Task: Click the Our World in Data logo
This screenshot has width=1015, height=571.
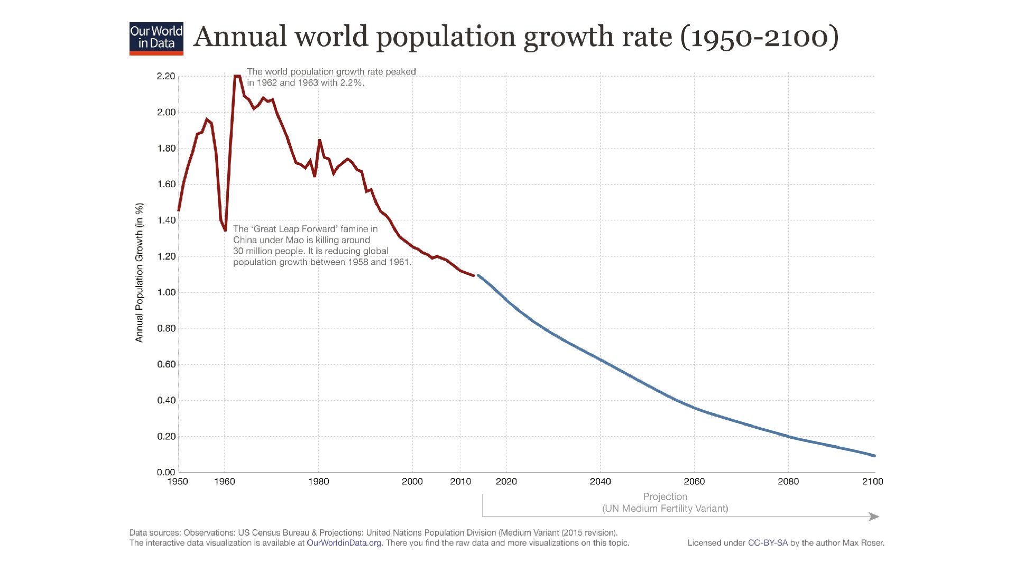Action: point(156,39)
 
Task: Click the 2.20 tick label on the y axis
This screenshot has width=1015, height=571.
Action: point(165,76)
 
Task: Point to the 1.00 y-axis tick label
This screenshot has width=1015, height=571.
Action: point(165,292)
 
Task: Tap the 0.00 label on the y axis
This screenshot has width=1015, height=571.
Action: point(165,472)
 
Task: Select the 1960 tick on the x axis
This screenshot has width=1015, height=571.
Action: point(224,482)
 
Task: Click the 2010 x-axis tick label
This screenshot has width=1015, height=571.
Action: point(460,482)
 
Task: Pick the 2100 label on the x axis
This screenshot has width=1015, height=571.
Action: point(872,482)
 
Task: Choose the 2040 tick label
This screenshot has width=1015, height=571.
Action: point(600,482)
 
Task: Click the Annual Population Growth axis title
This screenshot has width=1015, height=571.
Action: point(140,273)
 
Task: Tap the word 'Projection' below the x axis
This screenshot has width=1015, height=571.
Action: point(665,497)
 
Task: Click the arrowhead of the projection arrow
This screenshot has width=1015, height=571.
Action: point(874,517)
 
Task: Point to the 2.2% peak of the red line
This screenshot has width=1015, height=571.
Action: point(237,76)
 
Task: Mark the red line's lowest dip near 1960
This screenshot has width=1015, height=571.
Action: point(225,230)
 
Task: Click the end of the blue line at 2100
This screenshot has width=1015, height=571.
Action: point(874,456)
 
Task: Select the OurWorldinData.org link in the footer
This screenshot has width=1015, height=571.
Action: point(344,543)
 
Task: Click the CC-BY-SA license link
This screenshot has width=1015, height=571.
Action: point(768,543)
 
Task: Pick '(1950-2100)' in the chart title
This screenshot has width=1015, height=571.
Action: point(760,37)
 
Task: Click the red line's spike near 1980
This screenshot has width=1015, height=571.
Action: point(319,141)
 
